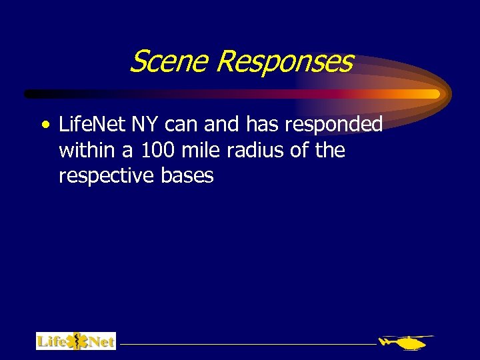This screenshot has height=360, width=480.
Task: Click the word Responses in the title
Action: pyautogui.click(x=285, y=62)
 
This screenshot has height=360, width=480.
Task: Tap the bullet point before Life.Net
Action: pyautogui.click(x=44, y=125)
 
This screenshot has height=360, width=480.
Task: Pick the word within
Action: pyautogui.click(x=87, y=150)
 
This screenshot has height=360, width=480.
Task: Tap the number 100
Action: pyautogui.click(x=158, y=150)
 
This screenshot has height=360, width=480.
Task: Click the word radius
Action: pyautogui.click(x=255, y=150)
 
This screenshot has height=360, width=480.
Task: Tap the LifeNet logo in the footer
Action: pyautogui.click(x=76, y=341)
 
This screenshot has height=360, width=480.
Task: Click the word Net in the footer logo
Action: pyautogui.click(x=100, y=342)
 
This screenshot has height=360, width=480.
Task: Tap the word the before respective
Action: pyautogui.click(x=330, y=150)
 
